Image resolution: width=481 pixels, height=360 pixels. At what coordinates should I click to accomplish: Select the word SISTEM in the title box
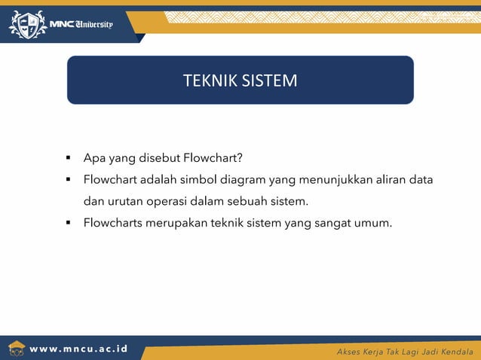tap(269, 80)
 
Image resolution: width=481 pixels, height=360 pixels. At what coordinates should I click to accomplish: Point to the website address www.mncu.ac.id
tap(78, 349)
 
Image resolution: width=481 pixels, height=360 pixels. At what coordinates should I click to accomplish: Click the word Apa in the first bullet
tap(94, 159)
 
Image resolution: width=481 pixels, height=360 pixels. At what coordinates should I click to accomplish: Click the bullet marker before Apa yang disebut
tap(68, 159)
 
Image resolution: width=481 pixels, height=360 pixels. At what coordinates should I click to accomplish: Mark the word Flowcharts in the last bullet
tap(113, 223)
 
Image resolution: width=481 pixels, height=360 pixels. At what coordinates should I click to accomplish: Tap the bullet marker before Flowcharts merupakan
tap(68, 223)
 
